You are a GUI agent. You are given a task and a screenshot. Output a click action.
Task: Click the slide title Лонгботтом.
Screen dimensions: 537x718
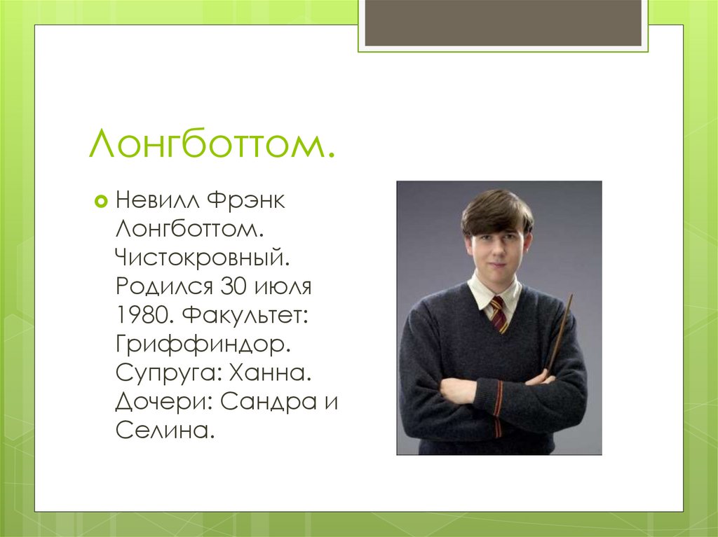[x=211, y=145]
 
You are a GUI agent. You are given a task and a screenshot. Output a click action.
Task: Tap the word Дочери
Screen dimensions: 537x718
[x=163, y=402]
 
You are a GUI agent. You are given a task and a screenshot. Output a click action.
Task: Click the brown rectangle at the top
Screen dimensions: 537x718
[x=503, y=22]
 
